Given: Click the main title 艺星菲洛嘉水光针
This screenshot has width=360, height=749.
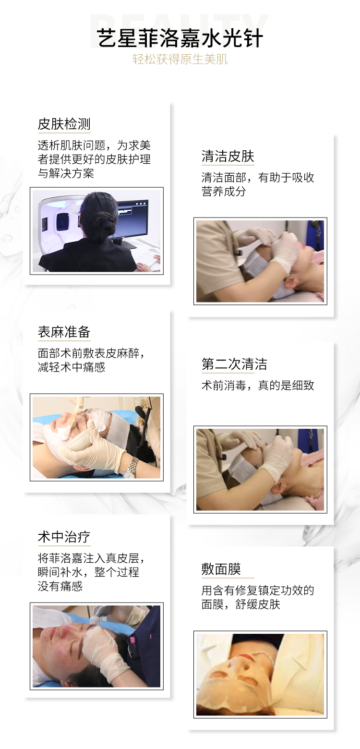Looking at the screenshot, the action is [x=180, y=38].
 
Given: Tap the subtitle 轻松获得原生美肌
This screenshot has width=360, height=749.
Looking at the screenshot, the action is [x=180, y=59].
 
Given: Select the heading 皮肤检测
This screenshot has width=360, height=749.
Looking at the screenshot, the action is [x=64, y=124].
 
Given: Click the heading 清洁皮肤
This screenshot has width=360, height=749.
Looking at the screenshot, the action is [x=228, y=157].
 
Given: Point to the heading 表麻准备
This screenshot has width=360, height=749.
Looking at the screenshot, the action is [x=64, y=332].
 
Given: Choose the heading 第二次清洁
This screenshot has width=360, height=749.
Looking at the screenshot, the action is [x=234, y=364].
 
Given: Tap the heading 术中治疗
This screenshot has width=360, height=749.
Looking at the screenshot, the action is [x=64, y=537].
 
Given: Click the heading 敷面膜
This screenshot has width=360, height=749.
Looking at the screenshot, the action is [x=221, y=569].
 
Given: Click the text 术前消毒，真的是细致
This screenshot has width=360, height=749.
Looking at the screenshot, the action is [x=258, y=385].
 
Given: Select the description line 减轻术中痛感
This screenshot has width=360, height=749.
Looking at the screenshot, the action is [x=71, y=367].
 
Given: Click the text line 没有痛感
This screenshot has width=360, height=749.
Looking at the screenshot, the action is [x=60, y=586].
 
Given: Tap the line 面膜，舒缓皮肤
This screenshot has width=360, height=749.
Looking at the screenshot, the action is [x=240, y=604].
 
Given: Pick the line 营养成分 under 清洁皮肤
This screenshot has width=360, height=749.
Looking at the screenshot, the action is [x=224, y=191].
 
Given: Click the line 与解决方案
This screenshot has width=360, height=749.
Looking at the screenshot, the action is [x=65, y=173].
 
